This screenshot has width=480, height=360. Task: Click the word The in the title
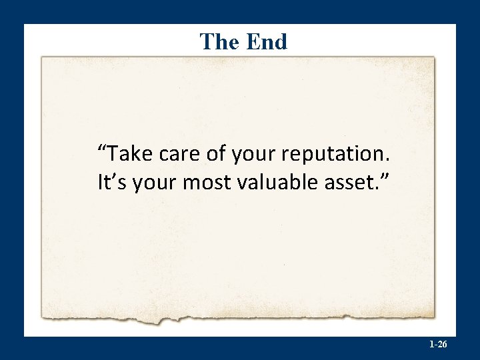coord(219,41)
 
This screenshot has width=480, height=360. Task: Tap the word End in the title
coord(266,41)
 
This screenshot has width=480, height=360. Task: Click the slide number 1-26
coord(438,345)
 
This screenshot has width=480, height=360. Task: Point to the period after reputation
coord(387,161)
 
